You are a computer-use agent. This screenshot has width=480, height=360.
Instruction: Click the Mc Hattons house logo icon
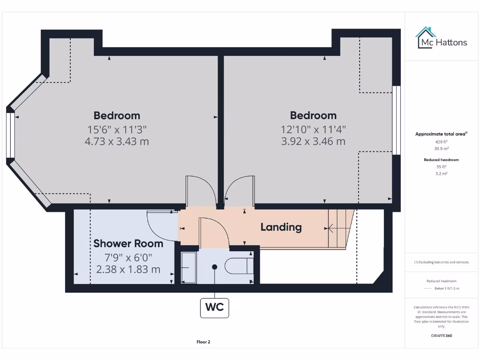(x=426, y=38)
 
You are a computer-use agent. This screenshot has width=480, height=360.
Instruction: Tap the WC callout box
(x=215, y=307)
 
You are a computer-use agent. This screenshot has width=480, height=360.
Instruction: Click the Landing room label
(x=281, y=227)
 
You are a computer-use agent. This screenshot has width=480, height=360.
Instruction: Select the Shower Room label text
(x=128, y=243)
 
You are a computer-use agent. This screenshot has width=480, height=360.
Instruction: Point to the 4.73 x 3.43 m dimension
(x=117, y=141)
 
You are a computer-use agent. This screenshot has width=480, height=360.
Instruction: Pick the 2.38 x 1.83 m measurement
(x=128, y=270)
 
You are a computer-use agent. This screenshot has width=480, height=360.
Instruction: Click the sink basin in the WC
(x=189, y=268)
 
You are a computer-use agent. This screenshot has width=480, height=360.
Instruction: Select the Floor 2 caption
(x=203, y=342)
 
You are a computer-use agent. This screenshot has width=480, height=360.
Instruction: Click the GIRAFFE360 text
(x=441, y=336)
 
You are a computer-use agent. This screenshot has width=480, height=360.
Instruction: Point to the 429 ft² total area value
(x=441, y=141)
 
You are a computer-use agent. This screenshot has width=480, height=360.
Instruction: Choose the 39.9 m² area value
(x=441, y=148)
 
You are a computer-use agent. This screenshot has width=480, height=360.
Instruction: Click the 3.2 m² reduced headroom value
(x=441, y=173)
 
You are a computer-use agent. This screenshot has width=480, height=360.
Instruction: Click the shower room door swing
(x=162, y=225)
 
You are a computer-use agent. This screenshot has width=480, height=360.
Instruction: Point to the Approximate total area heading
(x=441, y=134)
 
